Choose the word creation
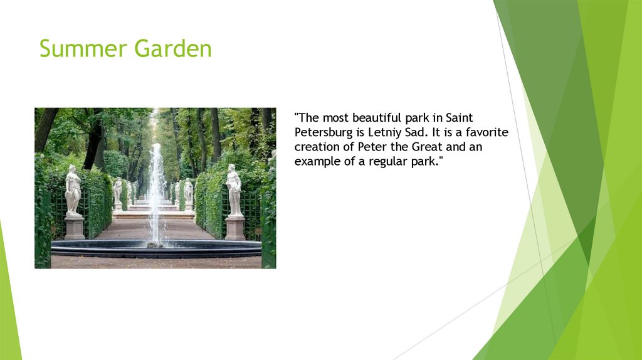(x=317, y=147)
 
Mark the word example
(x=317, y=162)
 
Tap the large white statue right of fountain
(x=234, y=190)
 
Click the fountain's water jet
(x=155, y=188)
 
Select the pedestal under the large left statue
(x=74, y=228)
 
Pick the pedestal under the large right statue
(x=235, y=228)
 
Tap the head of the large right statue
(x=232, y=169)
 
